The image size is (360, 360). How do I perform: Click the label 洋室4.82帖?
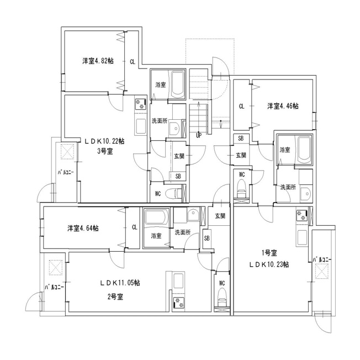(x=98, y=61)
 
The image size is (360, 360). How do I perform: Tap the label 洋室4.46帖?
(x=283, y=107)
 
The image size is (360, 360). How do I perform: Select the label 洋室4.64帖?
(x=83, y=229)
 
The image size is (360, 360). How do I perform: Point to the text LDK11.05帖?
(x=120, y=283)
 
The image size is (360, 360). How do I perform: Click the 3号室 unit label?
(x=105, y=151)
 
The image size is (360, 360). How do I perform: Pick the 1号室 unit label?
(x=269, y=253)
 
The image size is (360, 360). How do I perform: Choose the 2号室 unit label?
(x=115, y=297)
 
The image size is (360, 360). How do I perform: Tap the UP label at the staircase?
(x=199, y=135)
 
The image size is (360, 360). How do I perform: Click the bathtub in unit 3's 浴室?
(x=178, y=84)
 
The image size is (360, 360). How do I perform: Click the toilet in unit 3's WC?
(x=175, y=193)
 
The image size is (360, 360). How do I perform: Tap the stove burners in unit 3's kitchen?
(x=140, y=104)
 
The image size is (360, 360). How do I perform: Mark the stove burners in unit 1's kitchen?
(x=301, y=215)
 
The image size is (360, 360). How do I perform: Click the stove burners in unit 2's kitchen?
(x=179, y=303)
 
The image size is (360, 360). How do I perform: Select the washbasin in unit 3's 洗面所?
(x=174, y=128)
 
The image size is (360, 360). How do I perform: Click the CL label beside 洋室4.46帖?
(x=241, y=107)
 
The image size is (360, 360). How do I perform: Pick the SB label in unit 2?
(x=207, y=239)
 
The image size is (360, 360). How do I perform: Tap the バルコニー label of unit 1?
(x=322, y=260)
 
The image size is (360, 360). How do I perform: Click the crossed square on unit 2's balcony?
(x=56, y=267)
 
